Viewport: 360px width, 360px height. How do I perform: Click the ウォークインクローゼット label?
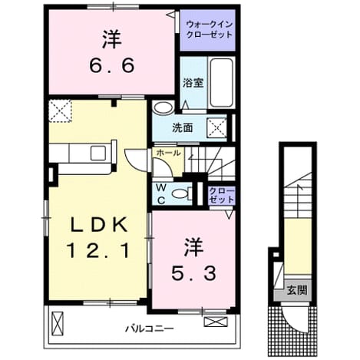coord(210,30)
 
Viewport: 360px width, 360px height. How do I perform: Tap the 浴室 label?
coord(193,83)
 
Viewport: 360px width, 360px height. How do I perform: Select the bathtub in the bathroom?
coord(222,83)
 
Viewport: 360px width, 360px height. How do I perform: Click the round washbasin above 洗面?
coord(163,107)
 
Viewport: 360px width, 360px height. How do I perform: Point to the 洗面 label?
coord(182,128)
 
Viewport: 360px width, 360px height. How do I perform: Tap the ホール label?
coord(168,153)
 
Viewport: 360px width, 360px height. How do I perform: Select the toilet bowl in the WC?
coord(180,193)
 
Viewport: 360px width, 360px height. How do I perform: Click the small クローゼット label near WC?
coord(222,195)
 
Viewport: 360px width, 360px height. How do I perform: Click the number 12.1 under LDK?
coord(97,250)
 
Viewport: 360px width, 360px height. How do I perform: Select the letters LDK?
coord(98,225)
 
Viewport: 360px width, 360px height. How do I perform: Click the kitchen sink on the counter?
coord(98,154)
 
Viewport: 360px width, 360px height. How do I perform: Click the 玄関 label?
coord(297,290)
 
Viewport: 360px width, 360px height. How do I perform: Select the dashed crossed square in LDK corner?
coord(61,111)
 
